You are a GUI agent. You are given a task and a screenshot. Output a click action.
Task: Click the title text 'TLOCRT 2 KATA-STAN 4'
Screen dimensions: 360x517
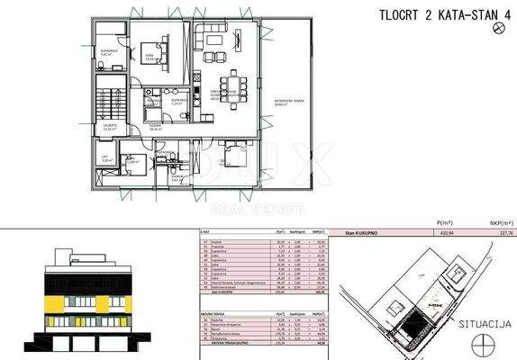pyautogui.click(x=438, y=13)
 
